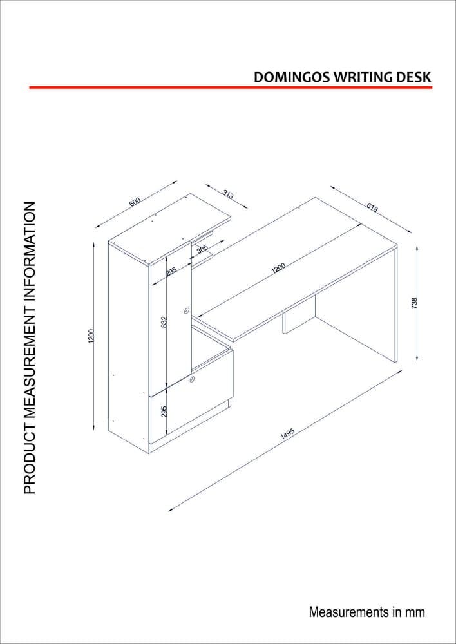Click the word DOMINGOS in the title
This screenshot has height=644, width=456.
click(290, 76)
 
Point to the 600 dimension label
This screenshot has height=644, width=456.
click(135, 202)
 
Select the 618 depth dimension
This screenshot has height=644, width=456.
click(372, 207)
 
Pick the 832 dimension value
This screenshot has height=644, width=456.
click(164, 322)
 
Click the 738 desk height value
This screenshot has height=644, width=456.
click(415, 302)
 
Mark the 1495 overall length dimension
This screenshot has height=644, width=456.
click(287, 434)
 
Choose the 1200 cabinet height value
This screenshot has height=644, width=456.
click(92, 336)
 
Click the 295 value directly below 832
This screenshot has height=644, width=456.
click(164, 412)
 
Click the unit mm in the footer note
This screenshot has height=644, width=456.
click(415, 611)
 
